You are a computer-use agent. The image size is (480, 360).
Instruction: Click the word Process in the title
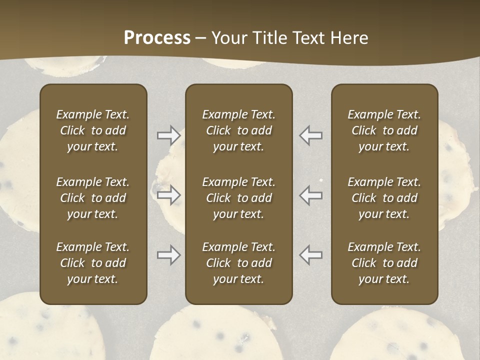click(157, 38)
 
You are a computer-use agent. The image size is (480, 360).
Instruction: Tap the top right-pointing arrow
click(168, 135)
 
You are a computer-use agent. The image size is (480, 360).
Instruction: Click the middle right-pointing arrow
click(168, 195)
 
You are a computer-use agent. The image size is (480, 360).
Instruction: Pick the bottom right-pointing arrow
click(168, 255)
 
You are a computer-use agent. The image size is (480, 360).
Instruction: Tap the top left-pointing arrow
click(310, 135)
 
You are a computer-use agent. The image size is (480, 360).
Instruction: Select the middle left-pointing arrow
click(310, 195)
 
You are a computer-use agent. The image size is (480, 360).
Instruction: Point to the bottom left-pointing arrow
click(310, 255)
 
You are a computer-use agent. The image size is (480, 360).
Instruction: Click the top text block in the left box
click(93, 130)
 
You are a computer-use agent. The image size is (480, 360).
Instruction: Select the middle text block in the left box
click(93, 198)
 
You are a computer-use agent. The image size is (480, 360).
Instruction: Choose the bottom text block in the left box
click(93, 263)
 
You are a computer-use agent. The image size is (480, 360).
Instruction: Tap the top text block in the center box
click(238, 130)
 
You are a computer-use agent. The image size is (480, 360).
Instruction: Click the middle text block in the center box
click(238, 198)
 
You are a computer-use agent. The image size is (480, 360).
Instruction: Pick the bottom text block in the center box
click(238, 263)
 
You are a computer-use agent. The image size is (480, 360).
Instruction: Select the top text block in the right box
click(384, 130)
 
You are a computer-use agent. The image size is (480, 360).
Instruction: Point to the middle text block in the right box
click(384, 198)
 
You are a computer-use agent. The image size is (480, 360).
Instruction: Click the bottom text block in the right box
click(384, 263)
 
